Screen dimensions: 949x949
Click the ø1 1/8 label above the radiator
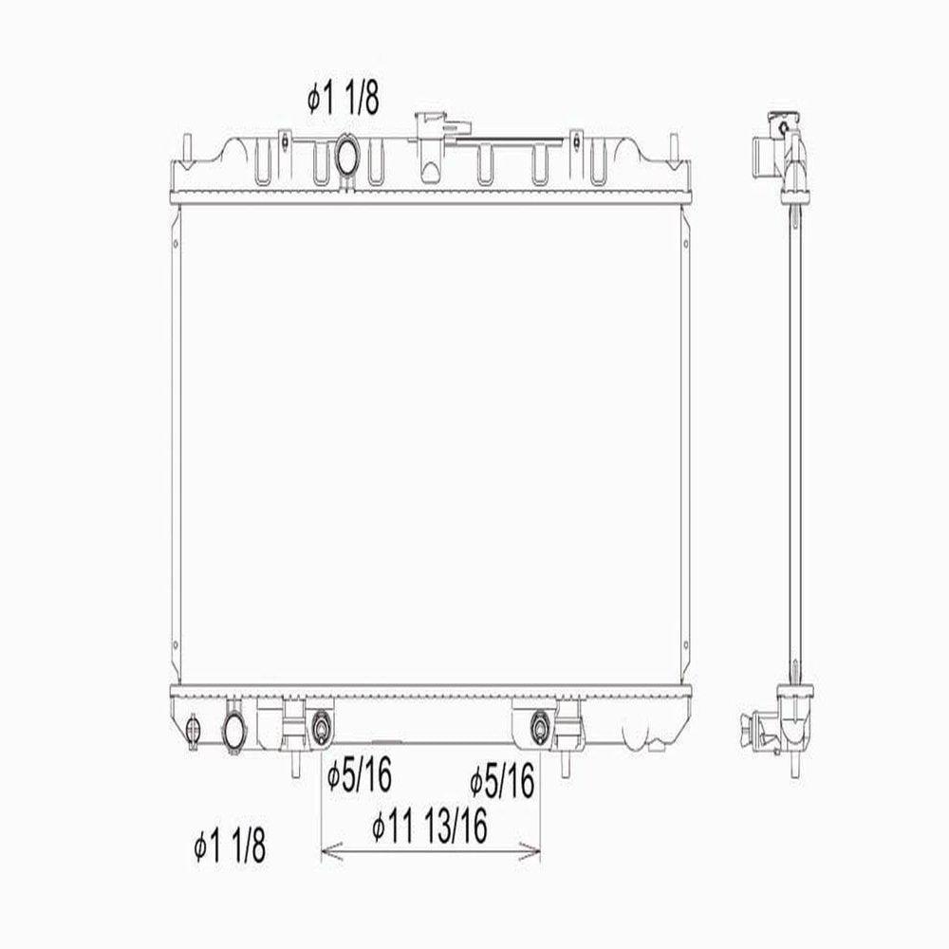[x=344, y=100]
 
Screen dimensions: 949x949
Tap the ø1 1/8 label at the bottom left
[x=230, y=846]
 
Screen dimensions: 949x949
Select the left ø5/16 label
[x=359, y=775]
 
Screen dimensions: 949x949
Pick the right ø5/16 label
[x=502, y=780]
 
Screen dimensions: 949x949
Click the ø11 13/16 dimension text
[x=430, y=827]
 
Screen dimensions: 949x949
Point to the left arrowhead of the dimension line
[x=331, y=851]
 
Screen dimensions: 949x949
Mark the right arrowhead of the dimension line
[x=530, y=851]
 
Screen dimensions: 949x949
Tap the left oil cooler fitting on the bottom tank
[x=321, y=728]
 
